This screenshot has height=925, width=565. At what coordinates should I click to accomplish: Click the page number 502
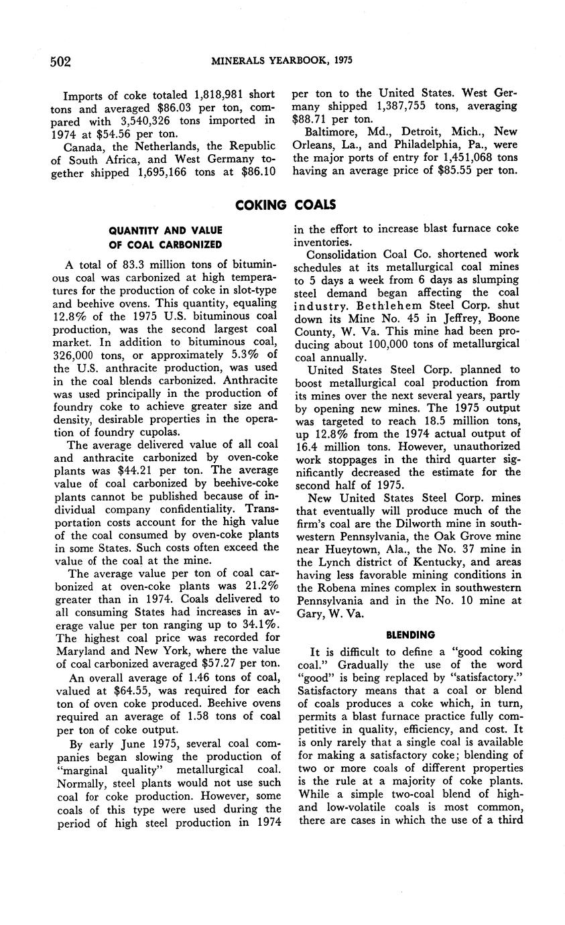click(60, 62)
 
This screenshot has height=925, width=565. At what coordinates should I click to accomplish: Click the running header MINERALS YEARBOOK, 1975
click(281, 61)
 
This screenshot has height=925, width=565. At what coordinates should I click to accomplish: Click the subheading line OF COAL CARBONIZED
click(166, 244)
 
